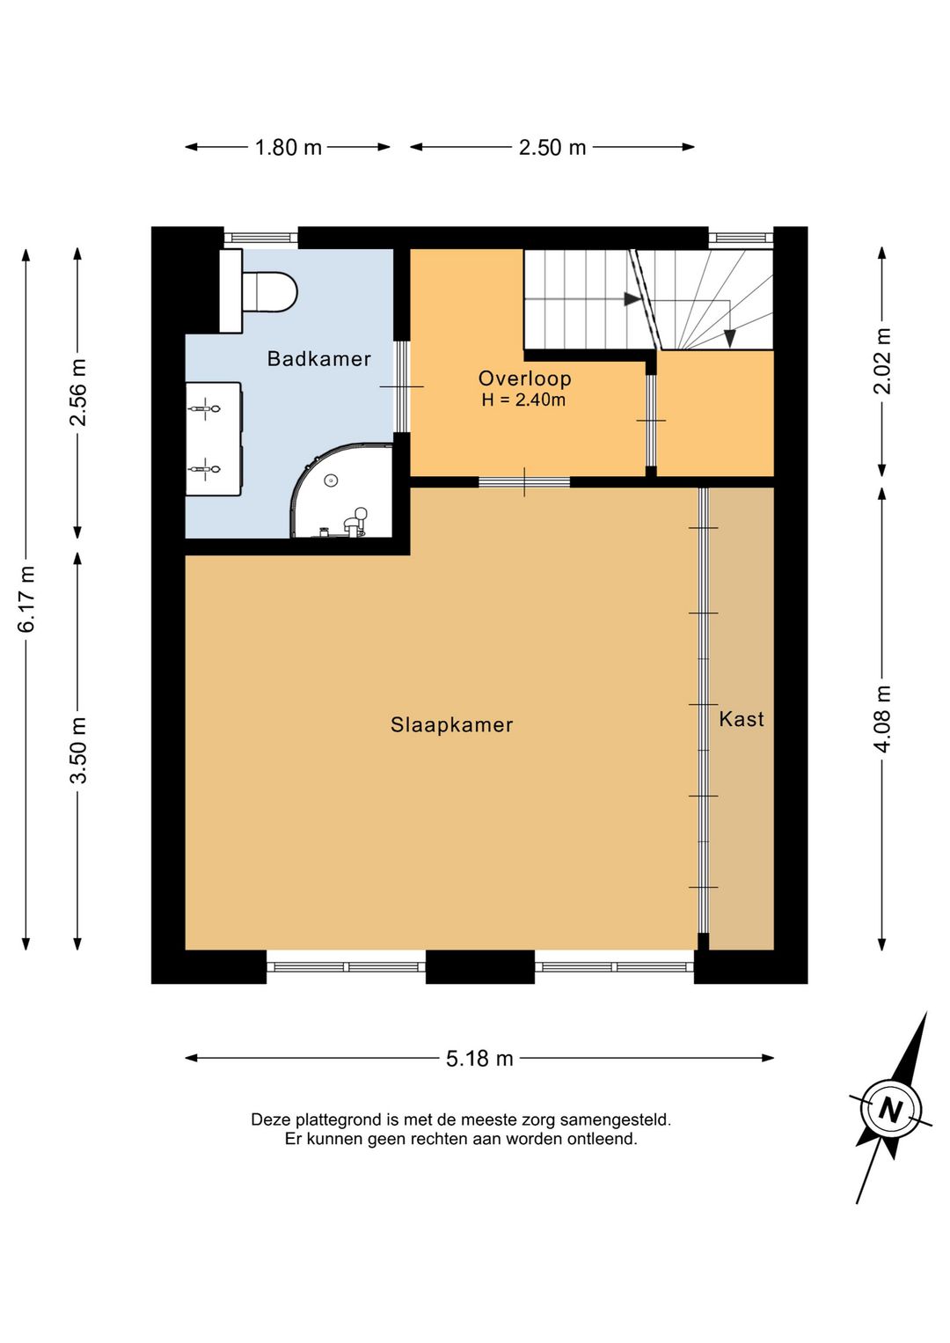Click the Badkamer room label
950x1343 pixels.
318,359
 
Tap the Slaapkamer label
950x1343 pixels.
452,725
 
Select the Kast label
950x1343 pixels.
742,719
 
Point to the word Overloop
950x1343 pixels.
524,379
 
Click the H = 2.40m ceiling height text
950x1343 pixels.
524,400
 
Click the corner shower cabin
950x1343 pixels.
341,491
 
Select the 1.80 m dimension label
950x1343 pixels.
289,148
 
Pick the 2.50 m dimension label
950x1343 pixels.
552,148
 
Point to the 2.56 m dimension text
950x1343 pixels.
78,393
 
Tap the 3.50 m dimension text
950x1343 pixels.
78,750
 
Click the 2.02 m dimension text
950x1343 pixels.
882,361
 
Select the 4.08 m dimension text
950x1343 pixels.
882,717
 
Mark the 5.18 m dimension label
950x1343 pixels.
479,1059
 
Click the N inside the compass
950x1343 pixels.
891,1111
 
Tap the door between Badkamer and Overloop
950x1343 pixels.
402,386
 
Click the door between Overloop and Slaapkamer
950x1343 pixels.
524,482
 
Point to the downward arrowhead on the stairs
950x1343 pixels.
729,340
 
